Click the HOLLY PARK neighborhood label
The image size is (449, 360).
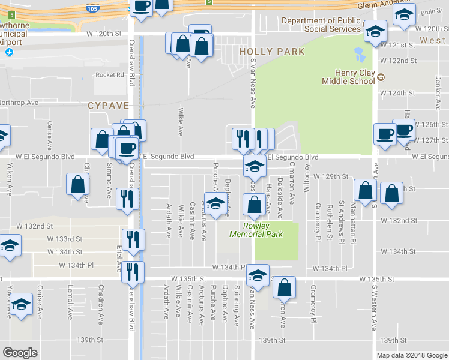(x=272, y=52)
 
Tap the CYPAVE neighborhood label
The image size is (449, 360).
(x=109, y=105)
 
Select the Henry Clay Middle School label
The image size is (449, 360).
(x=348, y=77)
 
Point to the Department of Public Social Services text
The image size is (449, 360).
(x=321, y=25)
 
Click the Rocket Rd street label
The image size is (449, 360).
(x=109, y=75)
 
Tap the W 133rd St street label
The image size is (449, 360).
(x=65, y=238)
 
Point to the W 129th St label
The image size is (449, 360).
(x=332, y=176)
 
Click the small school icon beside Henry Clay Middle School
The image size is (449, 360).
(x=381, y=77)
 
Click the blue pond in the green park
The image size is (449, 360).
(x=360, y=55)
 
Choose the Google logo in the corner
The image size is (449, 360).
(x=20, y=352)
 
